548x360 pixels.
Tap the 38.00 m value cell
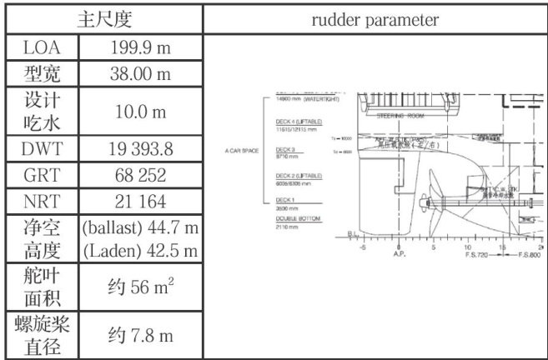pyautogui.click(x=140, y=75)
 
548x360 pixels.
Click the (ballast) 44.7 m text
pyautogui.click(x=140, y=227)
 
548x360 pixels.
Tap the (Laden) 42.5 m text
pyautogui.click(x=140, y=251)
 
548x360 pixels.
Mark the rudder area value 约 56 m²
pyautogui.click(x=140, y=288)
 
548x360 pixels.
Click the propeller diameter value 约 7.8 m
pyautogui.click(x=140, y=335)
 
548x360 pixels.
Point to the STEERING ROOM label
pyautogui.click(x=401, y=116)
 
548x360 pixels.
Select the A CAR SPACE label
pyautogui.click(x=243, y=152)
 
